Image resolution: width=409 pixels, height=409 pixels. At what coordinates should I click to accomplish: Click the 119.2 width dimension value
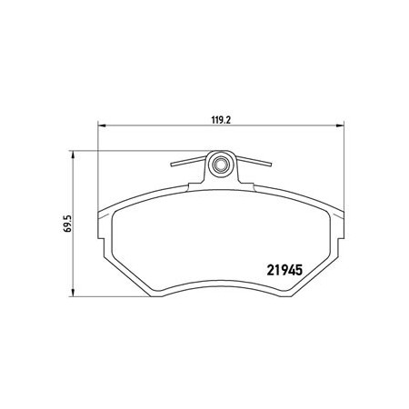point(221,120)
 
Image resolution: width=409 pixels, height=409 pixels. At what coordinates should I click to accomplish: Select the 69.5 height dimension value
point(67,224)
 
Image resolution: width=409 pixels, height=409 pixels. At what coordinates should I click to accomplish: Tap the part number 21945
point(284,270)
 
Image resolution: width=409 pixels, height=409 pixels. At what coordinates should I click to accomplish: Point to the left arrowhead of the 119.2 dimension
point(101,125)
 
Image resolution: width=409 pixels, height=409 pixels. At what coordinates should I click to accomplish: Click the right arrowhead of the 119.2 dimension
point(341,125)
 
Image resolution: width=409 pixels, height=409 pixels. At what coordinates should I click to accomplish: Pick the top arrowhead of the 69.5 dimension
point(73,155)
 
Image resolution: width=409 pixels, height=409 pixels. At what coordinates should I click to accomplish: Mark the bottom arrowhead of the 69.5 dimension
point(73,293)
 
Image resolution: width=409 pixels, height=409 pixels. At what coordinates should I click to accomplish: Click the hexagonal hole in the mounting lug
point(221,165)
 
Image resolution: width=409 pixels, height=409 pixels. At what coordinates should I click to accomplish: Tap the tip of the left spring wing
point(171,165)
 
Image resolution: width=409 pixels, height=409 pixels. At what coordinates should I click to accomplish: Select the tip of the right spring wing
point(271,165)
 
